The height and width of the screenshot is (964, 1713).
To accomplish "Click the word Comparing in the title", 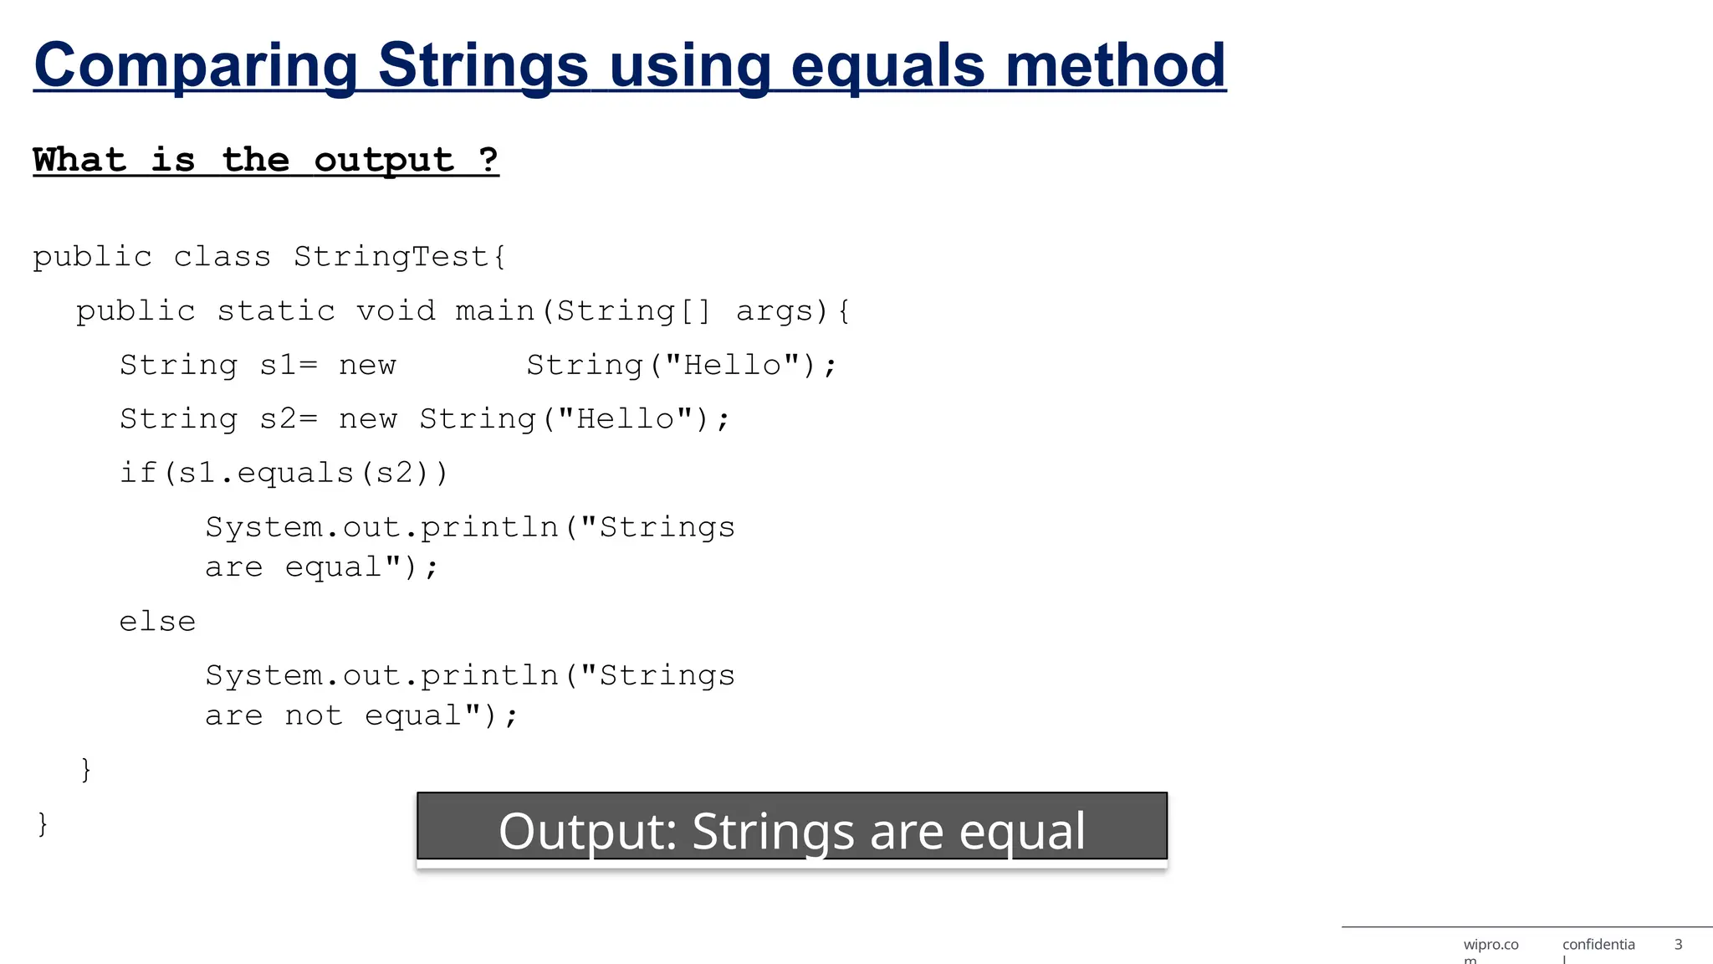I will click(196, 65).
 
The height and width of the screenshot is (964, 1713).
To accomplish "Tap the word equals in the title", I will click(887, 65).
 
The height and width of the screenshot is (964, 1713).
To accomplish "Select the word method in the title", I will click(1116, 65).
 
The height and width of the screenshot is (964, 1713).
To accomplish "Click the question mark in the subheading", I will click(488, 159).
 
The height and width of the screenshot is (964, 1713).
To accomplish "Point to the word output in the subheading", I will click(384, 159).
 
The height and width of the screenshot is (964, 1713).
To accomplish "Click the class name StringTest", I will click(391, 257).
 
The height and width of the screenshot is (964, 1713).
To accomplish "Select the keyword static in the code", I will click(276, 311).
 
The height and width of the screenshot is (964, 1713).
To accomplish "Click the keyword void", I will click(396, 311).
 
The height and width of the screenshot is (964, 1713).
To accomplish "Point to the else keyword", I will click(157, 622).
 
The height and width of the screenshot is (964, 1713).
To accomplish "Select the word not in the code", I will click(314, 716).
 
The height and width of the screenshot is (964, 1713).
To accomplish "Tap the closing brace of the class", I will click(43, 823).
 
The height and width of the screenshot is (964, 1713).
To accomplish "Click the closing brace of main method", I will click(85, 769).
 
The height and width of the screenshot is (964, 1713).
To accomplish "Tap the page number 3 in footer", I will click(1678, 945).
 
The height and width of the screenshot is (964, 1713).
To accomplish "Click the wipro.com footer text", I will click(1491, 946).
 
